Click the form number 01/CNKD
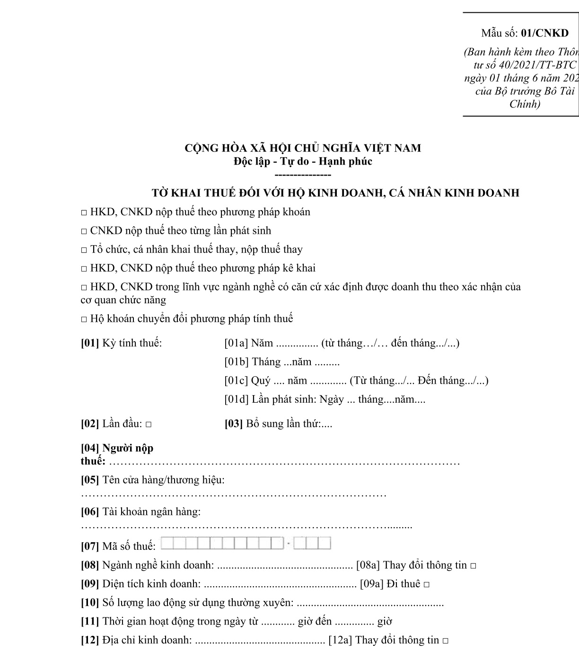(544, 33)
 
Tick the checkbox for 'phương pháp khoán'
(84, 212)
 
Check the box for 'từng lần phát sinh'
(84, 231)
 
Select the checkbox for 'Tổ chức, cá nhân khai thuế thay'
(84, 250)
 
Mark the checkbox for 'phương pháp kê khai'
(84, 269)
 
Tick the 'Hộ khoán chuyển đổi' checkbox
(84, 319)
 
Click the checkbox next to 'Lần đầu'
(149, 424)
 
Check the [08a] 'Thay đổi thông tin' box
(474, 566)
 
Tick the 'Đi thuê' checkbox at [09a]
(427, 585)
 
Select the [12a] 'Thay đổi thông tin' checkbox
(446, 641)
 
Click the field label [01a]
(236, 343)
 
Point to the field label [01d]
(237, 399)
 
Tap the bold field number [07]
(90, 546)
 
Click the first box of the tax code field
(167, 543)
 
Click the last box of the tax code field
(325, 543)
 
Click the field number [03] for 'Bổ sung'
(234, 423)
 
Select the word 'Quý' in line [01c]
(261, 380)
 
